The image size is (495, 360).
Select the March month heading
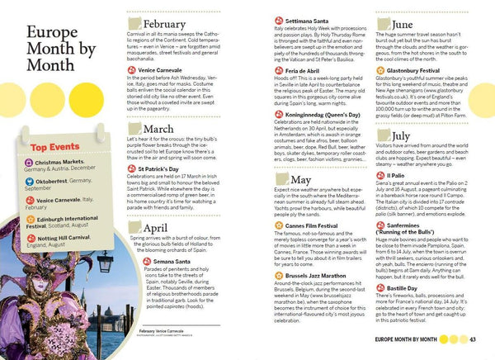point(158,129)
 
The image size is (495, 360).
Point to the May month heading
point(300,202)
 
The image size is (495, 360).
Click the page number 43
point(473,339)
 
